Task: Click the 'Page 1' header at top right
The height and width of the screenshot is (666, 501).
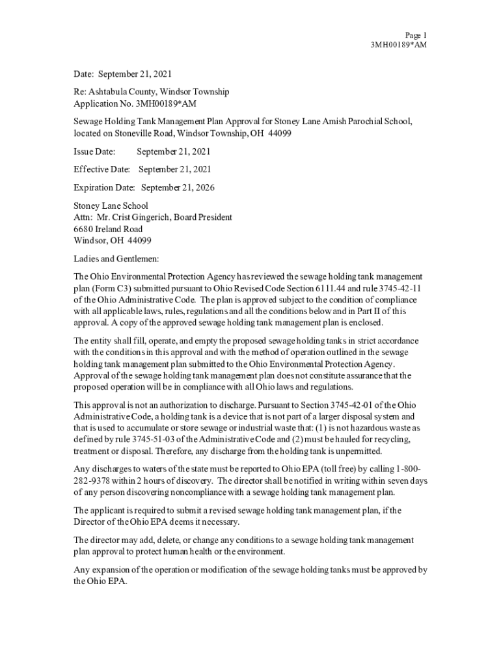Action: (415, 34)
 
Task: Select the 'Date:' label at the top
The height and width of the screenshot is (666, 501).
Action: (83, 74)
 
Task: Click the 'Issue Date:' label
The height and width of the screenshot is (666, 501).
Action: (94, 152)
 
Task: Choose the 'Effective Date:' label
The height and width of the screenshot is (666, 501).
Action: (102, 170)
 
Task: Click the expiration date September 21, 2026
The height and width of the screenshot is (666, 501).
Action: (178, 188)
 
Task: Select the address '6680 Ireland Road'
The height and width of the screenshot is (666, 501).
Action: (108, 229)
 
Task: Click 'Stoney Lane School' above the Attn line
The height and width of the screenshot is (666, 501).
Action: (111, 206)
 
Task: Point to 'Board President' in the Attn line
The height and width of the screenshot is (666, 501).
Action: (202, 217)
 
